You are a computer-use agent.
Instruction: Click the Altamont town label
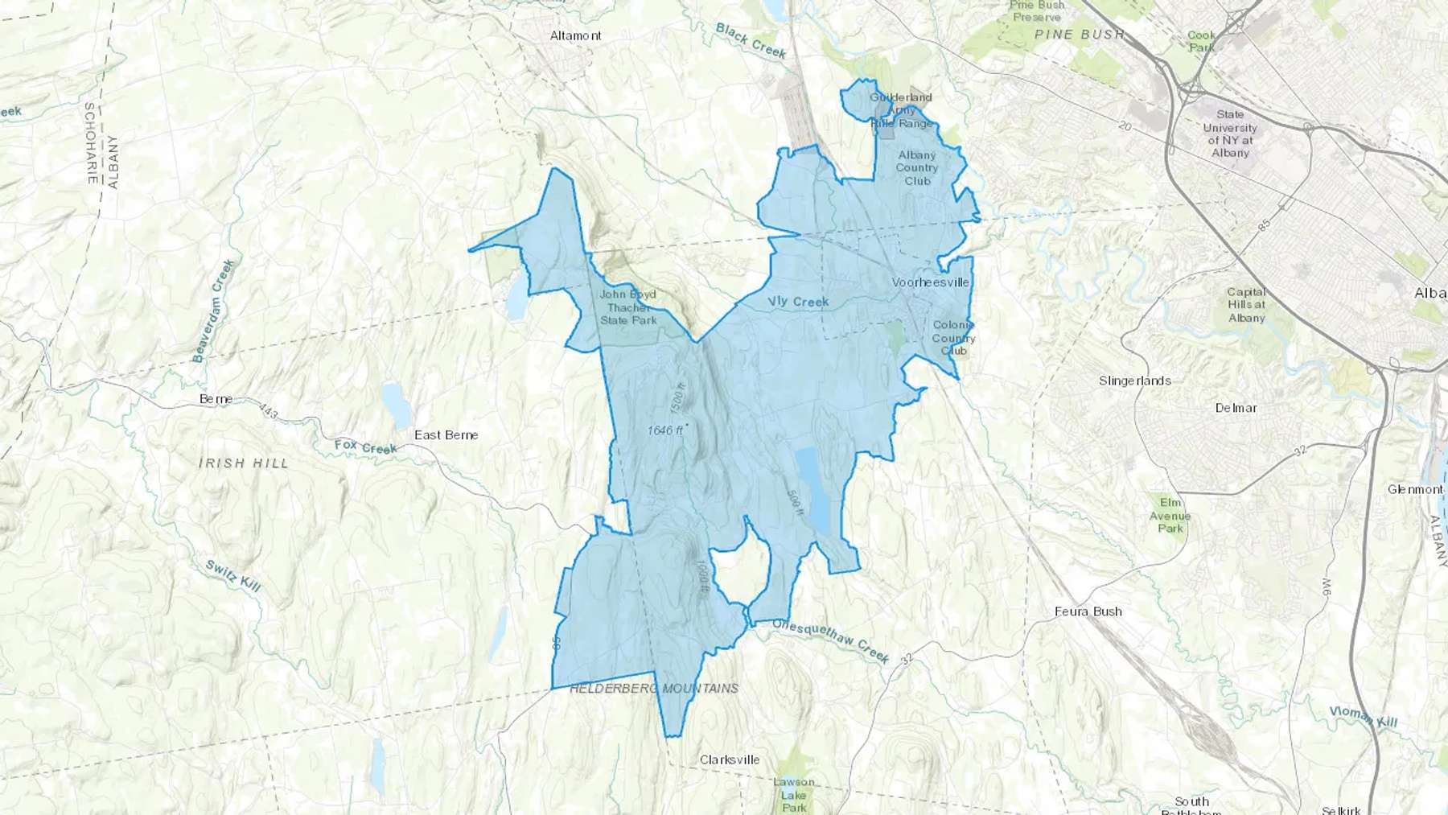click(x=575, y=35)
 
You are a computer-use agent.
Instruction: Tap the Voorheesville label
click(x=930, y=282)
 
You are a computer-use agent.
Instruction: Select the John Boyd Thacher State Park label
click(x=628, y=307)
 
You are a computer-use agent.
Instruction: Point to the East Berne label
click(x=446, y=435)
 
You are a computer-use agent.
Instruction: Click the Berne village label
click(x=216, y=399)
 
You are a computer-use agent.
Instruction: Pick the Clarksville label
click(x=729, y=759)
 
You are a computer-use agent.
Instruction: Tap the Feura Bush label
click(x=1088, y=611)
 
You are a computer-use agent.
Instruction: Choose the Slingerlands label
click(x=1134, y=381)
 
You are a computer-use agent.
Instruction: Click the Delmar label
click(x=1236, y=408)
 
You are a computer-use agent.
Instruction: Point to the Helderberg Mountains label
click(x=654, y=689)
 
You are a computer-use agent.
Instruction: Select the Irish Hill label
click(x=243, y=463)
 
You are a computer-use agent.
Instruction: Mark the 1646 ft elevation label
click(x=664, y=431)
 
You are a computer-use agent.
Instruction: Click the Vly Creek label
click(x=798, y=302)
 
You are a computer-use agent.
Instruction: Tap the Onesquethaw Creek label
click(x=830, y=640)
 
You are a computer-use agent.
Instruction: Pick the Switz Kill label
click(x=232, y=576)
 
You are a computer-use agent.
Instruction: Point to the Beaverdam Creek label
click(x=214, y=310)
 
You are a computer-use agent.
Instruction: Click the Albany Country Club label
click(x=917, y=168)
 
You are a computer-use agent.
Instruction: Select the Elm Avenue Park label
click(x=1170, y=516)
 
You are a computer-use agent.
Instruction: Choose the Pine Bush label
click(x=1080, y=35)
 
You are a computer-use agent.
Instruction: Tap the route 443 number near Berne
click(x=269, y=413)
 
